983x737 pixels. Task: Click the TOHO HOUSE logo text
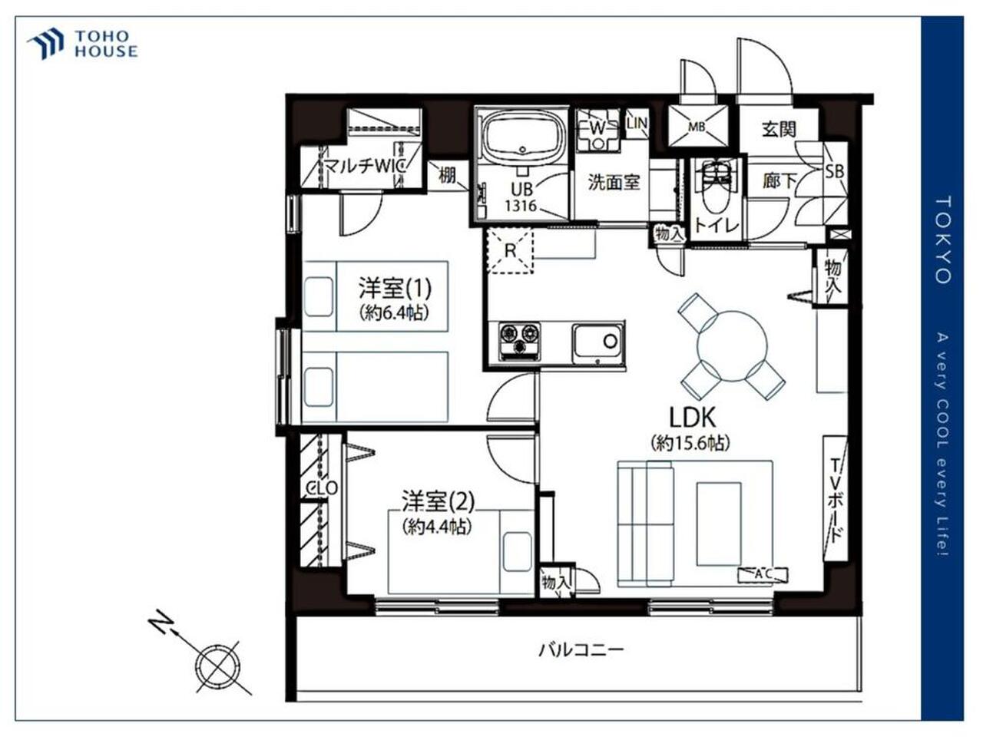(106, 44)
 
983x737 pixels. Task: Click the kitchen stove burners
(519, 341)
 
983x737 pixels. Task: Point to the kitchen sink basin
(597, 344)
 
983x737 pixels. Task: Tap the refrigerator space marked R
(510, 250)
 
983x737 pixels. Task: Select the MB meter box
(697, 127)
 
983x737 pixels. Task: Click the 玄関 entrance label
(779, 129)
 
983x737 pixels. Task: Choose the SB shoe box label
(834, 171)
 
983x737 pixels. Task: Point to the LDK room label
(692, 417)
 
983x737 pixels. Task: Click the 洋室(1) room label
(395, 288)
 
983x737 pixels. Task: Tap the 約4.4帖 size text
(437, 527)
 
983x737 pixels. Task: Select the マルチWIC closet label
(365, 167)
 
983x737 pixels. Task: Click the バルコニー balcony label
(581, 649)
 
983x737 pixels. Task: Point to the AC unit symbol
(763, 574)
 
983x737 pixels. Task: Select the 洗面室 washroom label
(614, 182)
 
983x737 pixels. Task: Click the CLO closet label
(322, 487)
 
